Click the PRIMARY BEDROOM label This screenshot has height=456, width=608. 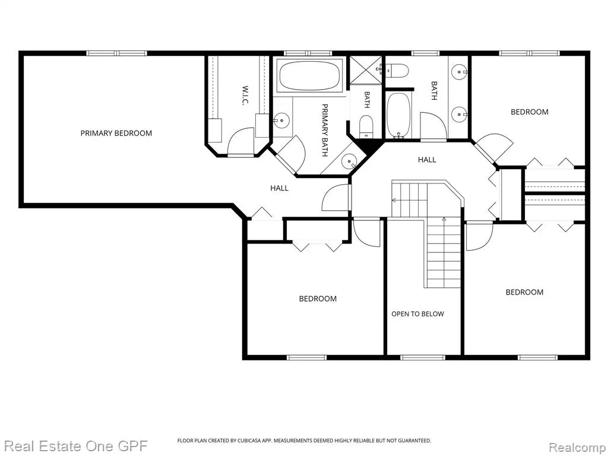116,134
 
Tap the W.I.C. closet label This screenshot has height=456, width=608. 245,96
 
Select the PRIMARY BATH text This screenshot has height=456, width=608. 325,130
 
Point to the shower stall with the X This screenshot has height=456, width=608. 366,70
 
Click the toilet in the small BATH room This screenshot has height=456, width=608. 366,126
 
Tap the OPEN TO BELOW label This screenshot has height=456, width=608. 417,314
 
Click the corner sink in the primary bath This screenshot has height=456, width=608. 350,160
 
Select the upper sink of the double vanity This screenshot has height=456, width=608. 460,72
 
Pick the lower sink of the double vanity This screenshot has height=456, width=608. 460,114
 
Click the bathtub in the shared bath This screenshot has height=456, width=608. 398,115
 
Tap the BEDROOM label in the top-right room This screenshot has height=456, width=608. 529,112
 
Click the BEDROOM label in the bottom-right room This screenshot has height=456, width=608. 524,292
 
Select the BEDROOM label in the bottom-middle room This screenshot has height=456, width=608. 318,299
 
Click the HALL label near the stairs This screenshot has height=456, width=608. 427,159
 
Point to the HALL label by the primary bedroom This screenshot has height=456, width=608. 279,188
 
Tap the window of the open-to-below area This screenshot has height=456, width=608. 417,357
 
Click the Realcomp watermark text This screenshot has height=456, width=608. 578,446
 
